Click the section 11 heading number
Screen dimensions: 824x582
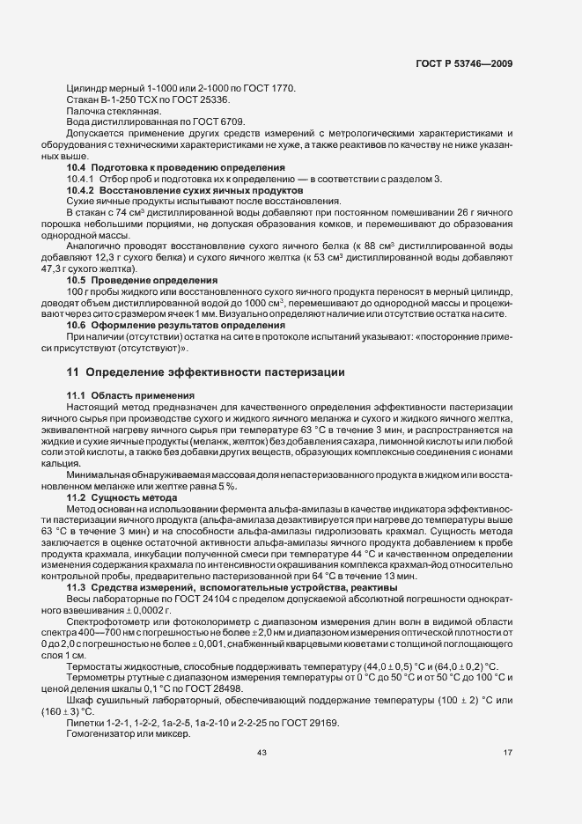point(72,372)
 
